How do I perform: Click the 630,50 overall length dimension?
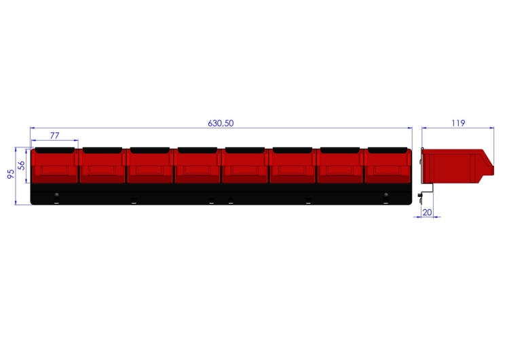[x=221, y=123]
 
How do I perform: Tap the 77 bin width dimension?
[x=55, y=135]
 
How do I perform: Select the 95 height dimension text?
[x=11, y=174]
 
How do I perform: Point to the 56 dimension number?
[x=22, y=165]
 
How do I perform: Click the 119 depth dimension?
[x=458, y=123]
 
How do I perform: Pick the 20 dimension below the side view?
[x=427, y=213]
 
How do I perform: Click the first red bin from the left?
[x=54, y=165]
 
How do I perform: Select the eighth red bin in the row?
[x=388, y=165]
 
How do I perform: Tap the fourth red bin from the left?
[x=197, y=165]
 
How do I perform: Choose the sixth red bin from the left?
[x=293, y=165]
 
